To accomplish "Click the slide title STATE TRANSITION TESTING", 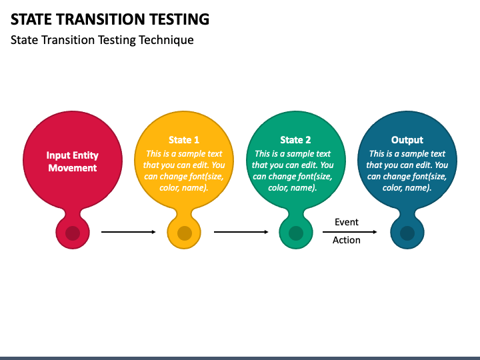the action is coord(110,19).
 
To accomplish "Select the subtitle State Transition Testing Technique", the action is coord(102,40).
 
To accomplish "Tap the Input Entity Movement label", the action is coord(73,161).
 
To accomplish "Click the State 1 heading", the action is coord(184,140).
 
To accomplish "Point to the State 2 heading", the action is coord(296,140).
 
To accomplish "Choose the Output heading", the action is coord(407,140).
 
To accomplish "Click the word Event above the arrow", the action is coord(347,222).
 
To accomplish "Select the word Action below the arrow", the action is coord(347,240).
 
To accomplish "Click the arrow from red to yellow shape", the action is coord(129,232).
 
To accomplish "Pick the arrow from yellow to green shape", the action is coord(241,232).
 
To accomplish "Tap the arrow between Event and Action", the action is coord(349,232).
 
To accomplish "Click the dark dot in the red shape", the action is coord(73,233).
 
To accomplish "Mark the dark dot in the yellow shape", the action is coord(185,233).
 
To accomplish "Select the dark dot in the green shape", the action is coord(296,233).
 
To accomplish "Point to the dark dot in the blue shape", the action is coord(407,233).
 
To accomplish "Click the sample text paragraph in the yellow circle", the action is coord(184,171).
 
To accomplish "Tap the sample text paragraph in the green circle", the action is coord(293,171).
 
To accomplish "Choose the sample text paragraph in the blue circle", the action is coord(407,171).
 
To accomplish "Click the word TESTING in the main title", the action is coord(179,19).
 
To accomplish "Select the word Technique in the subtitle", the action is coord(166,41).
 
